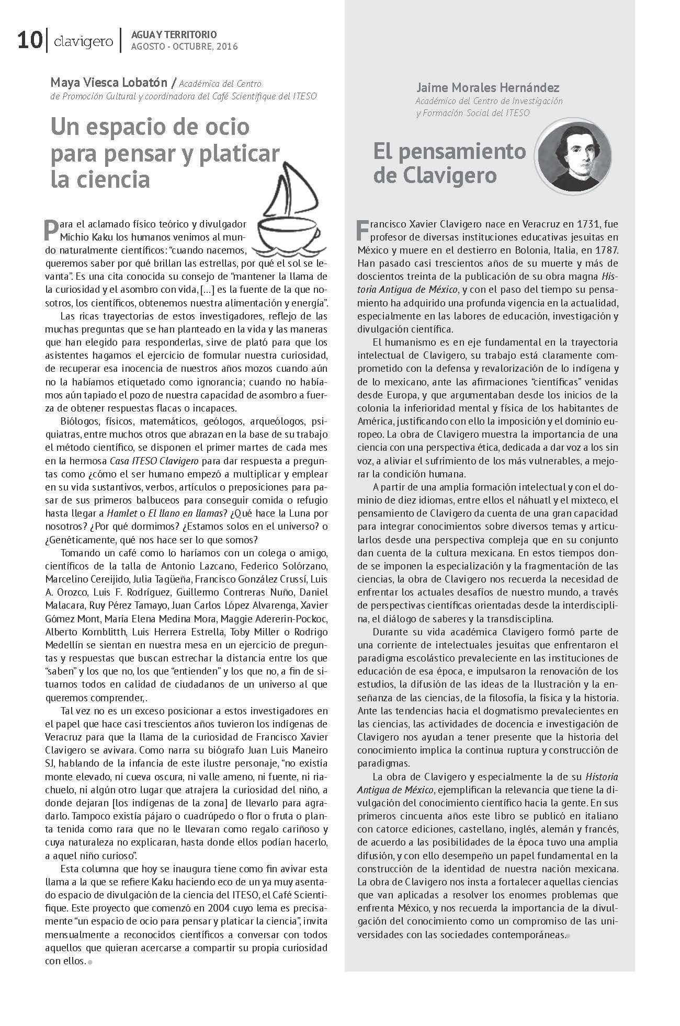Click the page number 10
coord(29,41)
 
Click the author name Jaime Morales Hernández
coord(488,87)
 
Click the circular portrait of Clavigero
coord(574,156)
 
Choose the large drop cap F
coord(362,230)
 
